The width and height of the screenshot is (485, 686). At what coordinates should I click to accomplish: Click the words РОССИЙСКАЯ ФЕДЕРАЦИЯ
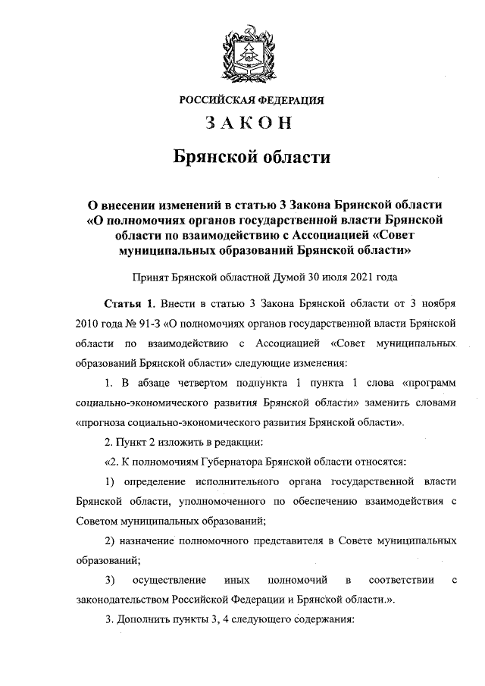pyautogui.click(x=252, y=100)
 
